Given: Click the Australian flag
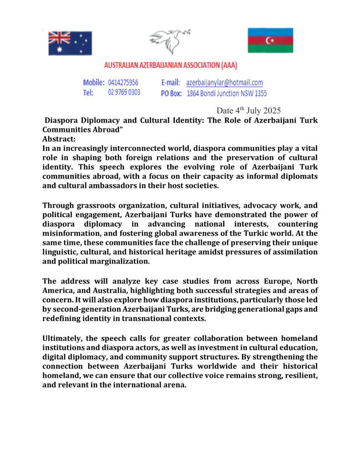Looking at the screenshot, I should pos(70,43).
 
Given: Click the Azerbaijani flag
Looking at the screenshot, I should pos(270,40).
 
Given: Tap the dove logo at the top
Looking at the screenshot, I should pos(169,41).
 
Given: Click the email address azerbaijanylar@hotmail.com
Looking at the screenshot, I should pos(224,83).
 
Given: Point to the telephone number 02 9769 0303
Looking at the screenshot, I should pos(124,92).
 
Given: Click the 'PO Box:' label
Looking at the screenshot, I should pos(171,93).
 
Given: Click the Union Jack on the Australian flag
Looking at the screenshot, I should pos(59,37).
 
